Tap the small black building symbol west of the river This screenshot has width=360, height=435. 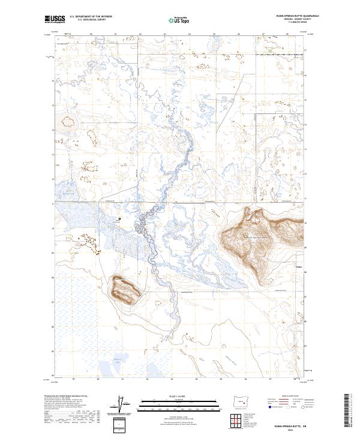point(120,218)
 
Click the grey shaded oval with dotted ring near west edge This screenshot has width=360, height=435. point(65,121)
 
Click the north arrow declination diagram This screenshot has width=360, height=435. point(122,403)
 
